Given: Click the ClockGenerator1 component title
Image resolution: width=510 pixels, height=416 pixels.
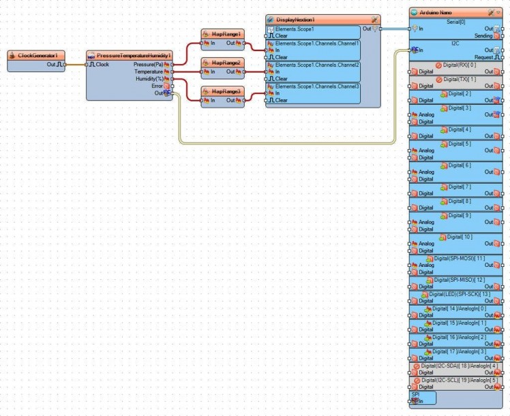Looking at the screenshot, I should pyautogui.click(x=41, y=55).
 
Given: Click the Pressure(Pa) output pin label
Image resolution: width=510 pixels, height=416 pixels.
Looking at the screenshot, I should pyautogui.click(x=148, y=64).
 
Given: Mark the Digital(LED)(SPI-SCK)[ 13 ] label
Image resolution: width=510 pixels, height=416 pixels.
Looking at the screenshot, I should pyautogui.click(x=457, y=294).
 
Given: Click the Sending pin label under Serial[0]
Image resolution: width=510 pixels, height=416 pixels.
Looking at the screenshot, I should pyautogui.click(x=483, y=35).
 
